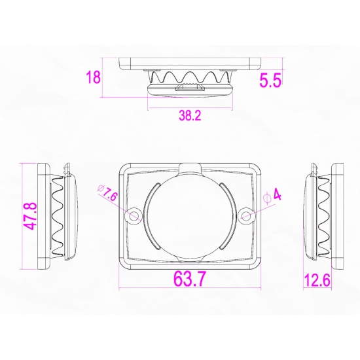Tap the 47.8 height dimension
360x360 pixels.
pos(31,216)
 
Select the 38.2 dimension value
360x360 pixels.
pos(190,115)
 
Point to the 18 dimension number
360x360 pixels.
pos(93,77)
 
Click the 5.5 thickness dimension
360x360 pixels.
pos(270,81)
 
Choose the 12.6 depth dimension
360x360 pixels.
pos(317,280)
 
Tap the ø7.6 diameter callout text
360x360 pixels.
pos(108,193)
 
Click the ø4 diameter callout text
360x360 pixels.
pos(273,196)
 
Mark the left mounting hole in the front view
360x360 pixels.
pos(134,216)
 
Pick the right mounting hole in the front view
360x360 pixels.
pos(246,216)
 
